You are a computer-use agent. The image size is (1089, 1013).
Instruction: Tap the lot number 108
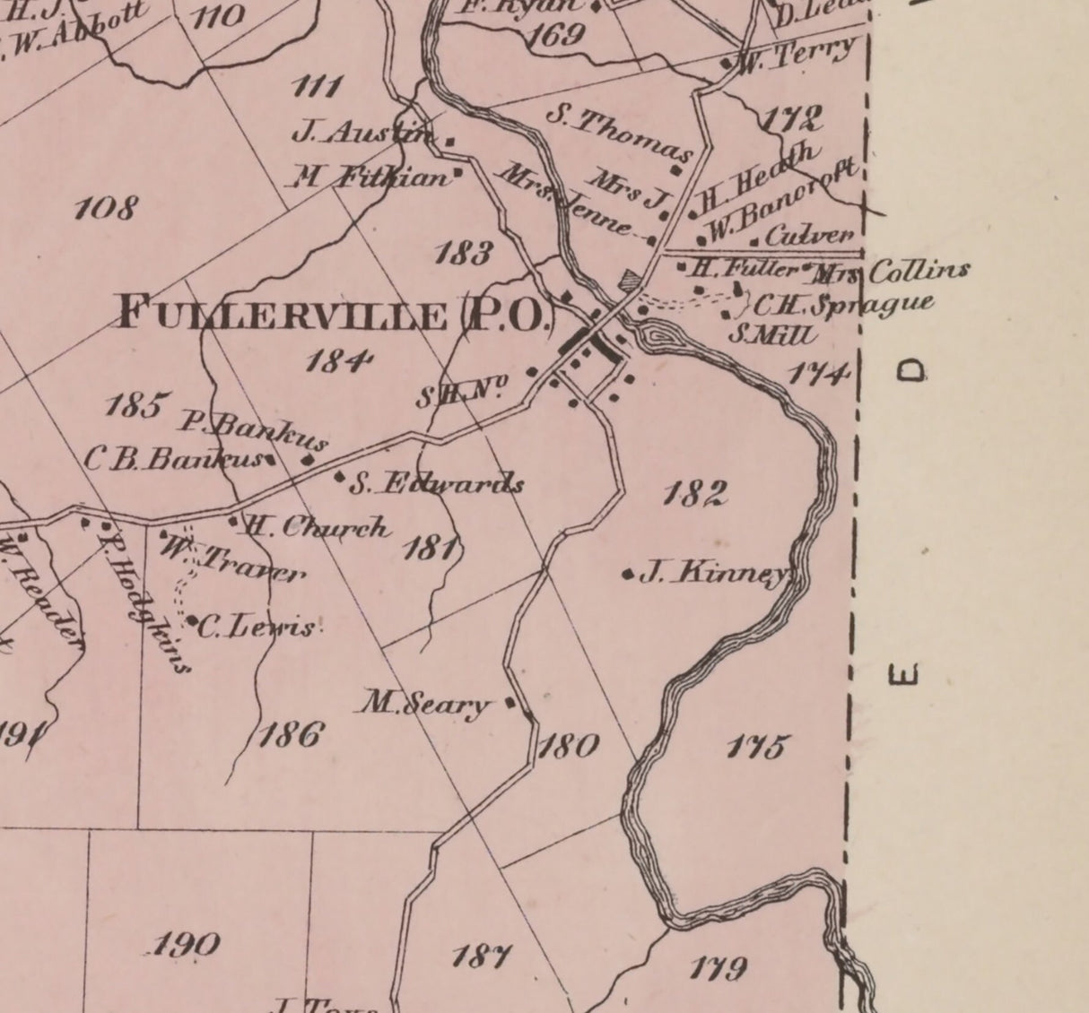click(x=106, y=209)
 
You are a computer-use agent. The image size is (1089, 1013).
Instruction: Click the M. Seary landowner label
click(x=426, y=704)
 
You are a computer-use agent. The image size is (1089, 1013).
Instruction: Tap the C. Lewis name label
click(x=257, y=626)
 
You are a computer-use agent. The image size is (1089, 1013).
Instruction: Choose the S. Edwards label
click(x=436, y=484)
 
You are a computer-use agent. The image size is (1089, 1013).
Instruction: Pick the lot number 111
click(x=318, y=87)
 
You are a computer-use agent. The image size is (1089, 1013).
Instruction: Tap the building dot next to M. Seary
click(x=510, y=703)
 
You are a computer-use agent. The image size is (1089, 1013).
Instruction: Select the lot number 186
click(x=290, y=735)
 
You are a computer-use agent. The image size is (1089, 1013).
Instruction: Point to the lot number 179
click(x=718, y=968)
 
